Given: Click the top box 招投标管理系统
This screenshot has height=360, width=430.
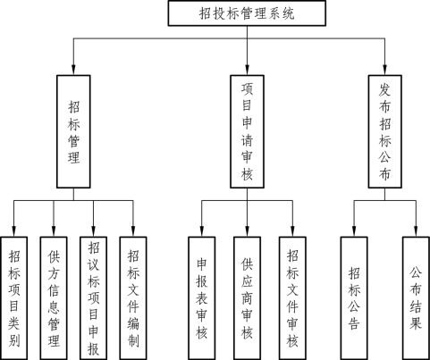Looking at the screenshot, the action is pos(247,13).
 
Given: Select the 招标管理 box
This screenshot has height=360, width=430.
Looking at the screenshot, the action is pos(73,131).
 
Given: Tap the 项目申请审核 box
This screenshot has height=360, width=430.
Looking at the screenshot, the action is pos(247,131).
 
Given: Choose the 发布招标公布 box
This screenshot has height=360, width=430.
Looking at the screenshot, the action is pos(384,131).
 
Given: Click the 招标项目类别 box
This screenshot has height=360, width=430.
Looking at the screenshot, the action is pos(14,298).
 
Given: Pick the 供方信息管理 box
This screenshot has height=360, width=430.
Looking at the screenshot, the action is pos(54,298).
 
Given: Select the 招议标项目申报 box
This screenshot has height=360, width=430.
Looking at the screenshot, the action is pos(93,298).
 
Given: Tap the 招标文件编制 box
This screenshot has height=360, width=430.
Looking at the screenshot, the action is pos(133,298).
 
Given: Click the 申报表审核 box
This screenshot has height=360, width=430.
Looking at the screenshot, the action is pos(202,298).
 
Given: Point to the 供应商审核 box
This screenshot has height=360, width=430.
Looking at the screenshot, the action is pos(247,298).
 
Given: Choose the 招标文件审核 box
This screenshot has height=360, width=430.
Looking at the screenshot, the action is pos(292,298).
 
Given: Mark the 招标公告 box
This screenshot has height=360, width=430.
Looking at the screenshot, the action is pos(354,298).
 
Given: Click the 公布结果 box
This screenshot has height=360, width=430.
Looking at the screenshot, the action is pos(416,298).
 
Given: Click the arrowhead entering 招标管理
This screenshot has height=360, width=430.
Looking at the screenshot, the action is pos(73,70).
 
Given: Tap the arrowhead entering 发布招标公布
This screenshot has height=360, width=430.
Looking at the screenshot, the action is pos(384,70).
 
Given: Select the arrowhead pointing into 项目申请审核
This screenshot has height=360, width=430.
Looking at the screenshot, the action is pos(247,70).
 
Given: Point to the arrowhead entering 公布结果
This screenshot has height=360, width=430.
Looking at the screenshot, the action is pos(416,231).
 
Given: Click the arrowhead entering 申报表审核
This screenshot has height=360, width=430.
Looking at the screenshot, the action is pos(202,231).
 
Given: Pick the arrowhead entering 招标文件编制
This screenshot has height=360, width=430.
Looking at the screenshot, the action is pos(133,231).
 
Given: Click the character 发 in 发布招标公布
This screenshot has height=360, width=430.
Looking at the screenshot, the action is pos(384,89).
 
